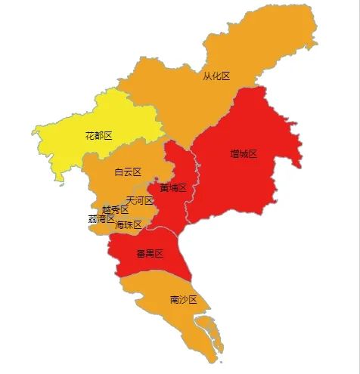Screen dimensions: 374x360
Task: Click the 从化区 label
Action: click(x=216, y=76)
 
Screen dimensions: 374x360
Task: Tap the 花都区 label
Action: click(x=98, y=135)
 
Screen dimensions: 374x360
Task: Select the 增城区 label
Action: click(x=244, y=153)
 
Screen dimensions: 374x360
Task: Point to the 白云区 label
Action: click(x=128, y=172)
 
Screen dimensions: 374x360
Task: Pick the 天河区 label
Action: click(x=140, y=200)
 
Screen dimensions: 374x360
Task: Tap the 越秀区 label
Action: click(x=115, y=209)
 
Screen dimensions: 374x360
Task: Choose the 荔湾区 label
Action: click(x=101, y=219)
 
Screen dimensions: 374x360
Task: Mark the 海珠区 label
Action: click(x=129, y=224)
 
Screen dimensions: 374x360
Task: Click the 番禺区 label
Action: click(x=150, y=253)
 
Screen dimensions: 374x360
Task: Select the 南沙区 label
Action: click(x=183, y=299)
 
